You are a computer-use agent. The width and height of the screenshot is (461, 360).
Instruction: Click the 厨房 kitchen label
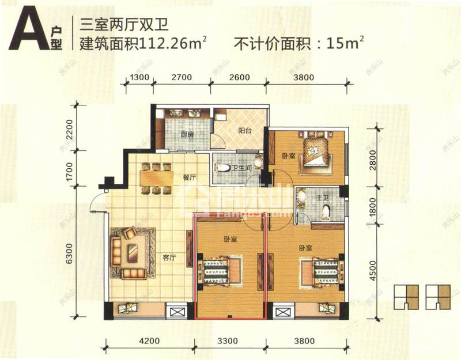pyautogui.click(x=186, y=135)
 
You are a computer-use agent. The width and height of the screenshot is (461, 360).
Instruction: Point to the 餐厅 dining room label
pyautogui.click(x=190, y=179)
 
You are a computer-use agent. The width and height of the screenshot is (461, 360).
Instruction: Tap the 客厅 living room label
pyautogui.click(x=168, y=257)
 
